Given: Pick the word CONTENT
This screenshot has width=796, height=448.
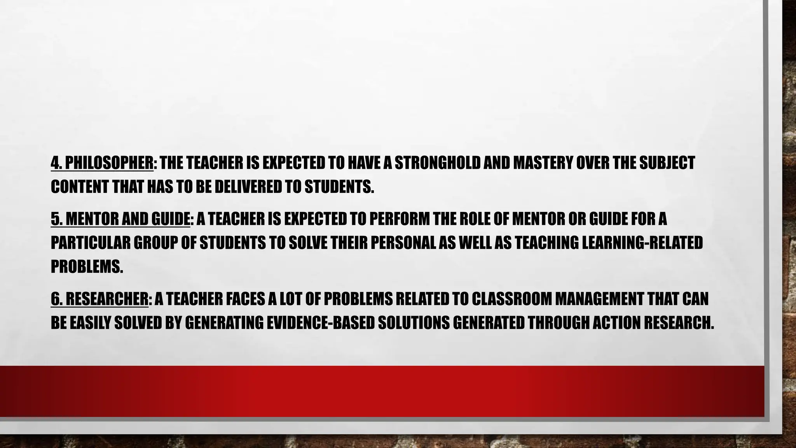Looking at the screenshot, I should pyautogui.click(x=80, y=187).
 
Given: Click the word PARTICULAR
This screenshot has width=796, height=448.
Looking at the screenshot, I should pyautogui.click(x=91, y=243).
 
